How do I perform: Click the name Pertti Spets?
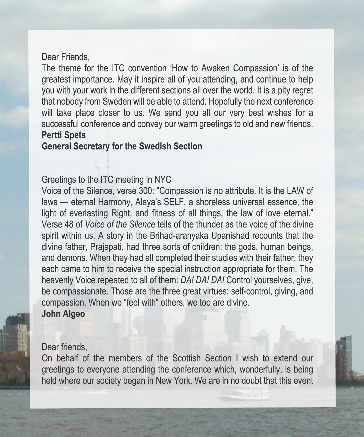coord(63,135)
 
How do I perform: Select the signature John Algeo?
coord(63,314)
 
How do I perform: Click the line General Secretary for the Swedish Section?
coord(122,146)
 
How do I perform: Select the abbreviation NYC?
coord(163,179)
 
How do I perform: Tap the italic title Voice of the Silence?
coord(120,225)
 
